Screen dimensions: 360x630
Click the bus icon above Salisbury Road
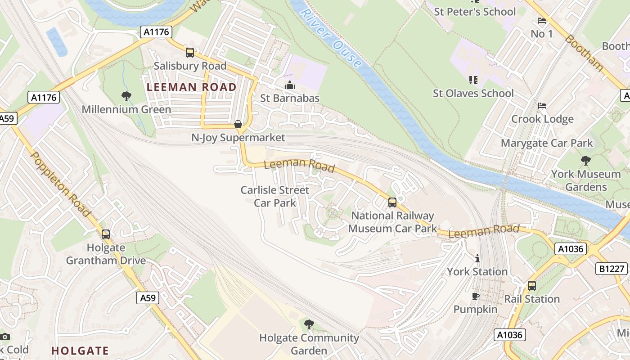pos(190,53)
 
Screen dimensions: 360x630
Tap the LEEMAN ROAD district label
pos(192,87)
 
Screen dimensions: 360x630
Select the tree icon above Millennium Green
pos(126,95)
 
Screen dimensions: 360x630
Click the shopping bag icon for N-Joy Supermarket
pos(238,124)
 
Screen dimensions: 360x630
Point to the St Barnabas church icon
pos(290,85)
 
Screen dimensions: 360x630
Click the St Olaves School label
pos(473,94)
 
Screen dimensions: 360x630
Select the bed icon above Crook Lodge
pos(542,106)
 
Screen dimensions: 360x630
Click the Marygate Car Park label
pos(547,143)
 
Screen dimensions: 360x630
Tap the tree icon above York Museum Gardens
pos(586,160)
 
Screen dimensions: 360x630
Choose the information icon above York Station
pos(477,258)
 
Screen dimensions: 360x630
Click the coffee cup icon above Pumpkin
pos(475,296)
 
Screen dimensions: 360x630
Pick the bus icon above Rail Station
pos(532,285)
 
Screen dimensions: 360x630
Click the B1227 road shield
pos(612,269)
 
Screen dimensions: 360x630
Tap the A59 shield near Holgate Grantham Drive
pos(148,297)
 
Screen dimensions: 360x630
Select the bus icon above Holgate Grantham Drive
pos(106,234)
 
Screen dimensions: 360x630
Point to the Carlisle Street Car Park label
pos(275,196)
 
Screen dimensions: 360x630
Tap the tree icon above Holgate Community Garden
pos(309,324)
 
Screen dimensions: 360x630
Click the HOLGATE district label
pos(80,351)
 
